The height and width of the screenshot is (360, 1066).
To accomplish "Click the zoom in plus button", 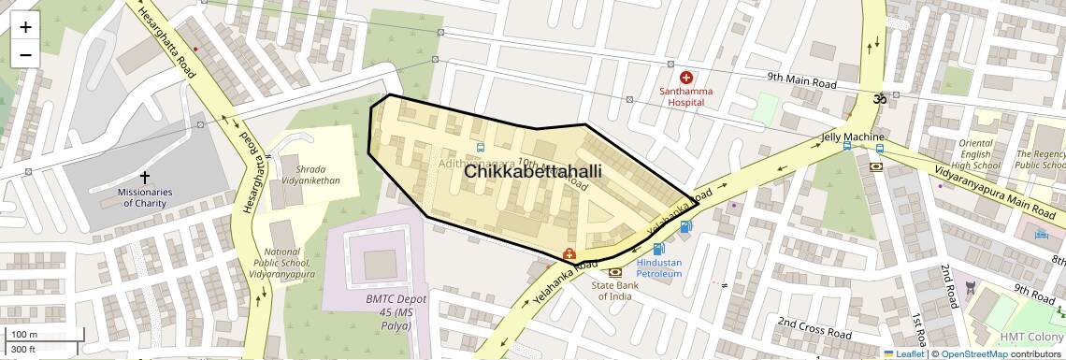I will pyautogui.click(x=25, y=26).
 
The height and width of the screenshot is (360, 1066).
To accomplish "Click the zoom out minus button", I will pyautogui.click(x=25, y=54).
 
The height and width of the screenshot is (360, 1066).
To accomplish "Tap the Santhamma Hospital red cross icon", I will pyautogui.click(x=685, y=78).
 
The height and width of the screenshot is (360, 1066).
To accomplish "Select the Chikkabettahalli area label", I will pyautogui.click(x=532, y=173).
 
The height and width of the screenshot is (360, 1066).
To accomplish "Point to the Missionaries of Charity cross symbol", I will pyautogui.click(x=144, y=177).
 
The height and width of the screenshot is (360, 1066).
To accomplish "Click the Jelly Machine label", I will pyautogui.click(x=839, y=137).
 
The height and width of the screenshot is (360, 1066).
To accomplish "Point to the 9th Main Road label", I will pyautogui.click(x=801, y=82).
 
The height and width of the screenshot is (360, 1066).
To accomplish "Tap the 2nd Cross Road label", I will pyautogui.click(x=814, y=328).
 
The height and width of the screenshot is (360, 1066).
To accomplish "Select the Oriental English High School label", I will pyautogui.click(x=979, y=154).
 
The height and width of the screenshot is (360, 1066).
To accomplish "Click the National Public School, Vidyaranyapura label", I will pyautogui.click(x=289, y=263).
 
